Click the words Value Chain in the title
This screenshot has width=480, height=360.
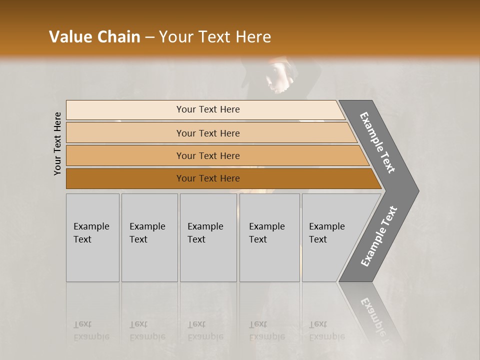click(94, 37)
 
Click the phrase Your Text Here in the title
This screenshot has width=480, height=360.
click(215, 37)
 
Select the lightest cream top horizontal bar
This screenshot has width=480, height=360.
click(208, 109)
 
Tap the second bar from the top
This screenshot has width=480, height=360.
click(208, 133)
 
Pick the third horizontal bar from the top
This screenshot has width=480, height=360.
click(208, 155)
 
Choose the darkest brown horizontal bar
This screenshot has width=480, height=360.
click(208, 178)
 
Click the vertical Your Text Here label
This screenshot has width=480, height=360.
click(57, 143)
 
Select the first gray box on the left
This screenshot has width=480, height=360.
click(92, 237)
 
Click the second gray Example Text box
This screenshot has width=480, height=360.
click(149, 237)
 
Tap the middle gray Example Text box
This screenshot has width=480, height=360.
click(208, 237)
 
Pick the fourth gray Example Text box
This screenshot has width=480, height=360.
click(269, 237)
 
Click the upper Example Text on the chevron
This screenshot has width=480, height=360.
click(377, 142)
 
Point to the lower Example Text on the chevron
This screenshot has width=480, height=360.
click(378, 236)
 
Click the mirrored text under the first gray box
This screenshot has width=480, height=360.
click(91, 330)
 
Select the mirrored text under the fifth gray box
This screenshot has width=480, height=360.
click(327, 330)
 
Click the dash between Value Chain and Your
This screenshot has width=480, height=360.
click(149, 37)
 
